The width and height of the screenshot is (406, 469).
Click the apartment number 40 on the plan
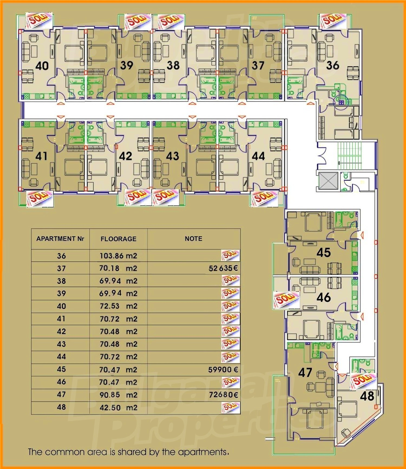coord(42,66)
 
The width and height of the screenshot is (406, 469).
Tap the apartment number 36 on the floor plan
coord(333,65)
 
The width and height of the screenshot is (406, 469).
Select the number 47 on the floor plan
coord(305,373)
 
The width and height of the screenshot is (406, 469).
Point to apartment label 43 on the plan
coord(173,156)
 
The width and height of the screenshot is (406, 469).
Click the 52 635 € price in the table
coord(223,268)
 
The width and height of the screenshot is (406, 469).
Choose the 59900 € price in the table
coord(223,370)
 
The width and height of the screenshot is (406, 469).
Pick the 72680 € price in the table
coord(224,395)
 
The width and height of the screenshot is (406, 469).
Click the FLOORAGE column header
coord(119,239)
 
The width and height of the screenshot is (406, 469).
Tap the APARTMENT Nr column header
coord(60,239)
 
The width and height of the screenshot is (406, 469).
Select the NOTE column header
coord(194,239)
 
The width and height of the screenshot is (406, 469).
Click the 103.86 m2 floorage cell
coord(118,256)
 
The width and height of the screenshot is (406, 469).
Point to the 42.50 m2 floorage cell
coord(118,408)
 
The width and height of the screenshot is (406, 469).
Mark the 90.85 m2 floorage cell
coord(118,395)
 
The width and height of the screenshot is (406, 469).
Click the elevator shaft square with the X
coord(328,181)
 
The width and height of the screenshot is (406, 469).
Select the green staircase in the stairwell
coord(349,155)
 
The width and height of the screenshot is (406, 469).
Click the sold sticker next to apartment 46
coord(286,300)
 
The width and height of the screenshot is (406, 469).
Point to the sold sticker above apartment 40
coord(39,21)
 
